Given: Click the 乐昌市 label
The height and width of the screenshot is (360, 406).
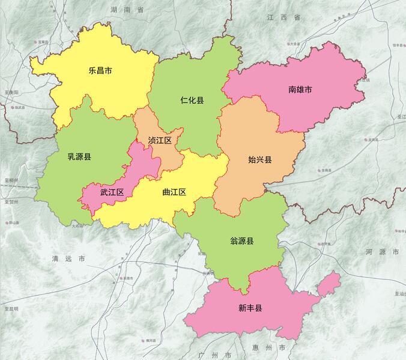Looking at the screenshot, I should click(x=100, y=70).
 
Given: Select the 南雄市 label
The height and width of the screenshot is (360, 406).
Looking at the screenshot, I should click(x=300, y=90).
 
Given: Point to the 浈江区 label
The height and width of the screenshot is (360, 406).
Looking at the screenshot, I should click(x=160, y=140).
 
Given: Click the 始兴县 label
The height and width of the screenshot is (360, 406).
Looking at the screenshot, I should click(x=259, y=160).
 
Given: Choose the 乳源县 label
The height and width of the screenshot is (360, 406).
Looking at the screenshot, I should click(x=79, y=157).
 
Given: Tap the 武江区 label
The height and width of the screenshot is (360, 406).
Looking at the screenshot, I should click(x=112, y=192).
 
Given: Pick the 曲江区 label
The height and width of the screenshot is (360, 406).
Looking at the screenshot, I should click(x=174, y=192).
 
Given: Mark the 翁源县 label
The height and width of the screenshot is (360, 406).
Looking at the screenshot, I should click(x=241, y=241).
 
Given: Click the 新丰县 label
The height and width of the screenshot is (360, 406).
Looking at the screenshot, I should click(x=250, y=308).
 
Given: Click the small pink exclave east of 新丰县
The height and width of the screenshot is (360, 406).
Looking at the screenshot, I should click(x=330, y=282).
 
